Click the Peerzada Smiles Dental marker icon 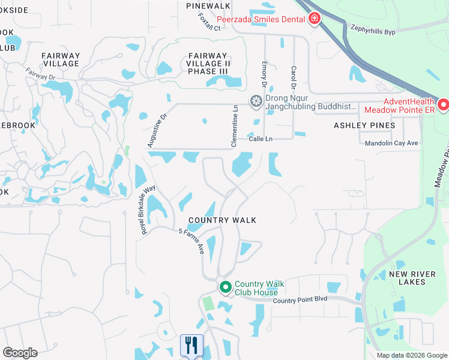pyautogui.click(x=313, y=20)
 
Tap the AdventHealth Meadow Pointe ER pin pyautogui.click(x=444, y=105)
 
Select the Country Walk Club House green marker pyautogui.click(x=226, y=288)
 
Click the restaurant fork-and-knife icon pyautogui.click(x=191, y=345)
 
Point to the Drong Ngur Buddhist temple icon pyautogui.click(x=256, y=101)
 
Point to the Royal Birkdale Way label pyautogui.click(x=148, y=210)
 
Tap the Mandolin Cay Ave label pyautogui.click(x=391, y=143)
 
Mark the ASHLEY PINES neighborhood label pyautogui.click(x=364, y=125)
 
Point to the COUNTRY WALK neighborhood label pyautogui.click(x=222, y=220)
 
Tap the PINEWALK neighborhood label pyautogui.click(x=208, y=5)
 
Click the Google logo pyautogui.click(x=20, y=353)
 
